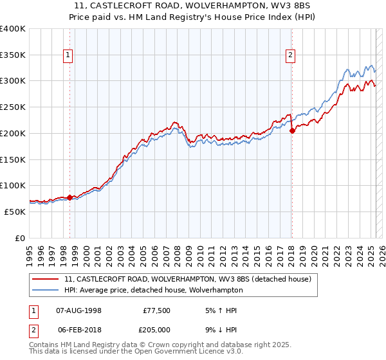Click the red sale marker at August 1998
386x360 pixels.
(x=69, y=197)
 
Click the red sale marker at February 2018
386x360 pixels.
(x=291, y=130)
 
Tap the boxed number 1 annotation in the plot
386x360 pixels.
(x=68, y=56)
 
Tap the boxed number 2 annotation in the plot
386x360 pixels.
(x=290, y=56)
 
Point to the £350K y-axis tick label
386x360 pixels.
(x=13, y=55)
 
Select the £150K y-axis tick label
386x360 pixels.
(x=13, y=159)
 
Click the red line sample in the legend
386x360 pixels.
(x=46, y=279)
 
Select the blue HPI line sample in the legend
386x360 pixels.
(x=46, y=290)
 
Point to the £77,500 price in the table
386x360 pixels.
(x=157, y=310)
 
